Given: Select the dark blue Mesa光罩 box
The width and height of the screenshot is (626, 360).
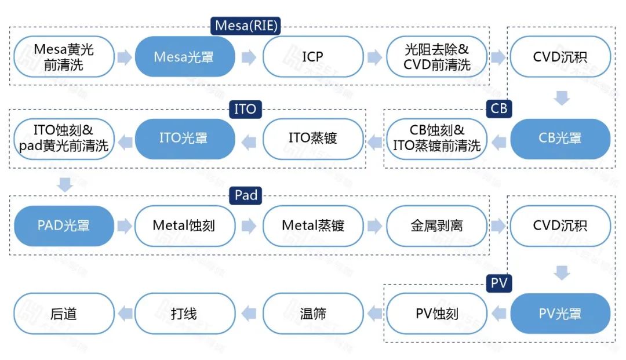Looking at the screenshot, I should pyautogui.click(x=185, y=57).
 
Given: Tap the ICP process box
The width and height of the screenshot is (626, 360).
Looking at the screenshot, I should pyautogui.click(x=312, y=57).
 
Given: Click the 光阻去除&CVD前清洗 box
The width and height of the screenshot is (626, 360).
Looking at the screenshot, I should pyautogui.click(x=436, y=57).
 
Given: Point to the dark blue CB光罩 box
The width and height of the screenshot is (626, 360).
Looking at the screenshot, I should pyautogui.click(x=560, y=139).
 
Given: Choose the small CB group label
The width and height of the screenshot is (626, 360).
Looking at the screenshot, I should pyautogui.click(x=498, y=109).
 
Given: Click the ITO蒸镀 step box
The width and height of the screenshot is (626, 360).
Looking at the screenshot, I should pyautogui.click(x=312, y=139).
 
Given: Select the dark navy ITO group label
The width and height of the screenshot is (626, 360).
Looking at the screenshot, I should pyautogui.click(x=245, y=109).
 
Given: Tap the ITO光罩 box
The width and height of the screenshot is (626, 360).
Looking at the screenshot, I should pyautogui.click(x=185, y=139).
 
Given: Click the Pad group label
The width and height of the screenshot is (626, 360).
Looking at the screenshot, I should pyautogui.click(x=246, y=195).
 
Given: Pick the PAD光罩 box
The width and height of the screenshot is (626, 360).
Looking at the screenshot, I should pyautogui.click(x=64, y=226).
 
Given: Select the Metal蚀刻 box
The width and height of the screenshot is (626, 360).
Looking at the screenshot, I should pyautogui.click(x=185, y=226).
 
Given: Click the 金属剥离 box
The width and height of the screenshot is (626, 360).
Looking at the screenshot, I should pyautogui.click(x=436, y=226).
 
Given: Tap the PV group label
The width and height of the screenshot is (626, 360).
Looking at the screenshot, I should pyautogui.click(x=498, y=283).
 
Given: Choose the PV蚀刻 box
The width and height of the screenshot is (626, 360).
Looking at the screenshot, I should pyautogui.click(x=436, y=314).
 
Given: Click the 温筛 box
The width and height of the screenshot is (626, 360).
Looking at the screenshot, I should pyautogui.click(x=312, y=314).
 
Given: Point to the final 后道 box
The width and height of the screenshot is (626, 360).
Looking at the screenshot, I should pyautogui.click(x=64, y=314).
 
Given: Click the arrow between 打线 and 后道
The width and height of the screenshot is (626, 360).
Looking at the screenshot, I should pyautogui.click(x=125, y=314).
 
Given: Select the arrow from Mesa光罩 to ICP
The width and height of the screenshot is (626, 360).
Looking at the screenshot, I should pyautogui.click(x=249, y=57).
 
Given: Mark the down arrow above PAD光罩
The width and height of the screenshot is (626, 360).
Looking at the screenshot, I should pyautogui.click(x=65, y=185).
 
